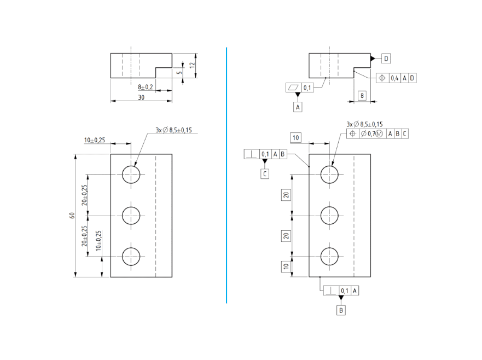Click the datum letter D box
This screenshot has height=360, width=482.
coord(386,59)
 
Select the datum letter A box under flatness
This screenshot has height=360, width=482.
coord(298,107)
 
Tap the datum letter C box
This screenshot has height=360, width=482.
coord(265,173)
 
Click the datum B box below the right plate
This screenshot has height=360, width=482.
coord(341,310)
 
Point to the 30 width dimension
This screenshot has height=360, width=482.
coord(141,97)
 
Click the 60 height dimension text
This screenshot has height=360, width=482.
coord(72,215)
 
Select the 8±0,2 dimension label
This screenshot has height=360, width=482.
coord(146,88)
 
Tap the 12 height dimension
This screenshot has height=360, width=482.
coord(192,65)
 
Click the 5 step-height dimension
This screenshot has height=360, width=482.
coord(179,73)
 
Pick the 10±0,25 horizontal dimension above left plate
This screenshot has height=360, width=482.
coord(95,140)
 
